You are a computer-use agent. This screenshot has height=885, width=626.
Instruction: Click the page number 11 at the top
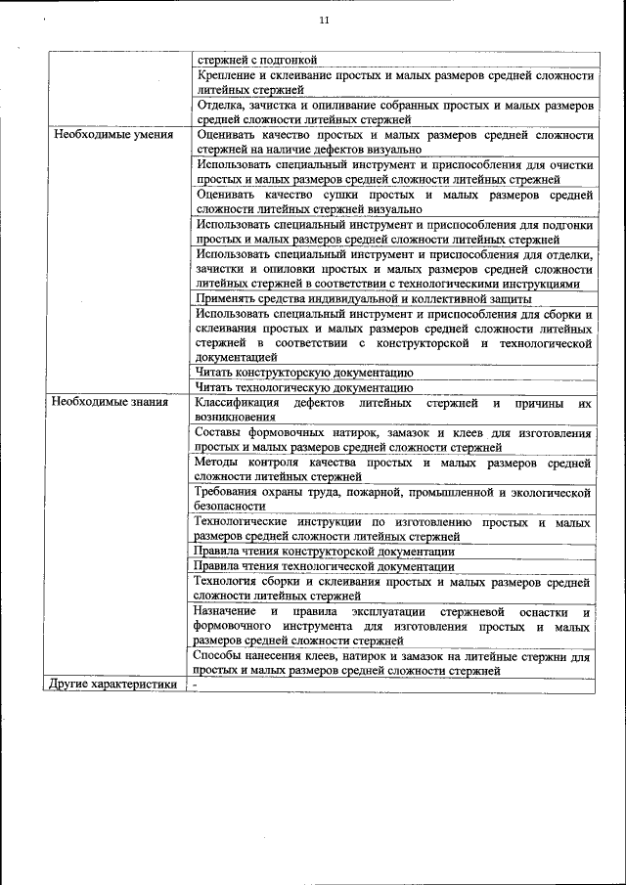coord(325,22)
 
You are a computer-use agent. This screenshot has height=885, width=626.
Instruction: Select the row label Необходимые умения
coord(113,135)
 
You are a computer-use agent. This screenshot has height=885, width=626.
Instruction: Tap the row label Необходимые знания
coord(110,401)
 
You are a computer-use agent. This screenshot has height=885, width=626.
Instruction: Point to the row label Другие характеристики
coord(113,685)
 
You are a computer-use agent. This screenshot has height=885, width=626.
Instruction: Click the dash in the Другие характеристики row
coord(196,685)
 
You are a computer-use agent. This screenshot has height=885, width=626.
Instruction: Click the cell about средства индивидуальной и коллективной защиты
coord(363,298)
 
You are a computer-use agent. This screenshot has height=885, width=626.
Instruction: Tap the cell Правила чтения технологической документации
coord(324,565)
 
